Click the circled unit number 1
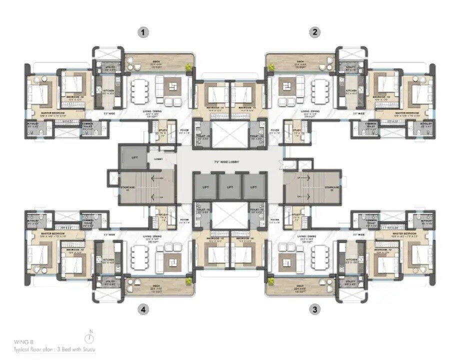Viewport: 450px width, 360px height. [x=143, y=32]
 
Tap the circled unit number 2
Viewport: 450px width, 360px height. [x=314, y=32]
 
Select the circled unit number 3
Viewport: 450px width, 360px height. [x=314, y=309]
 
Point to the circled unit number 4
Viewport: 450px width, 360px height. [x=143, y=309]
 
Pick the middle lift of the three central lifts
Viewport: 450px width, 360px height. [x=229, y=186]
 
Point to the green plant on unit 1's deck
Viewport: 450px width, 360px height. [x=188, y=67]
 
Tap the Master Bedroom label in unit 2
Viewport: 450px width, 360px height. [x=399, y=112]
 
